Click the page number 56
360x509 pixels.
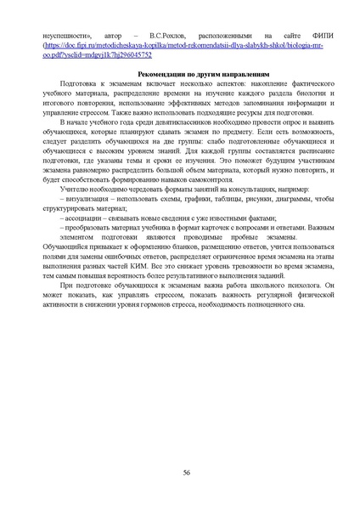point(186,472)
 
